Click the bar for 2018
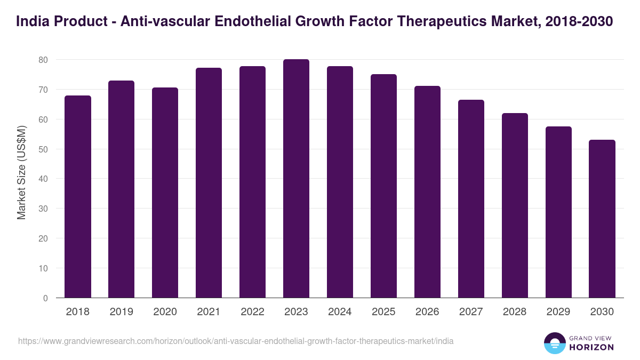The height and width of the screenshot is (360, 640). (78, 197)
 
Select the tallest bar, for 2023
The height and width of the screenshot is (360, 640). (296, 179)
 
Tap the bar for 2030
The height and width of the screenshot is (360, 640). (602, 219)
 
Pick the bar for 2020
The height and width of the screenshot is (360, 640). (165, 193)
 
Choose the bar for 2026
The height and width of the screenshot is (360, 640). (427, 192)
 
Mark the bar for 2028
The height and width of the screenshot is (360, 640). (515, 205)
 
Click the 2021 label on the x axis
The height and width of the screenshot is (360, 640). (209, 312)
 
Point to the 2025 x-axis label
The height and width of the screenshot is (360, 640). (383, 312)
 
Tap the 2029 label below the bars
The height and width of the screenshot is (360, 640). (558, 312)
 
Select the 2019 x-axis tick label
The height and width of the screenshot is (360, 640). (121, 312)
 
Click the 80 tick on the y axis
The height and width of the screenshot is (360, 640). (43, 60)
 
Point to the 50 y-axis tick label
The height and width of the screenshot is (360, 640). (43, 149)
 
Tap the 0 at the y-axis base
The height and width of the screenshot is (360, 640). (45, 298)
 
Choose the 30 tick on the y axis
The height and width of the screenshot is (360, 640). (43, 209)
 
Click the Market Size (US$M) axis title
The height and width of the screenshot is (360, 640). (21, 172)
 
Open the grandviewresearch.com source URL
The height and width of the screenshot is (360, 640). (236, 341)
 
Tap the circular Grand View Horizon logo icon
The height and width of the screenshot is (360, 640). (554, 343)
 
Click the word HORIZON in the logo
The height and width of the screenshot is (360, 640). (592, 347)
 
